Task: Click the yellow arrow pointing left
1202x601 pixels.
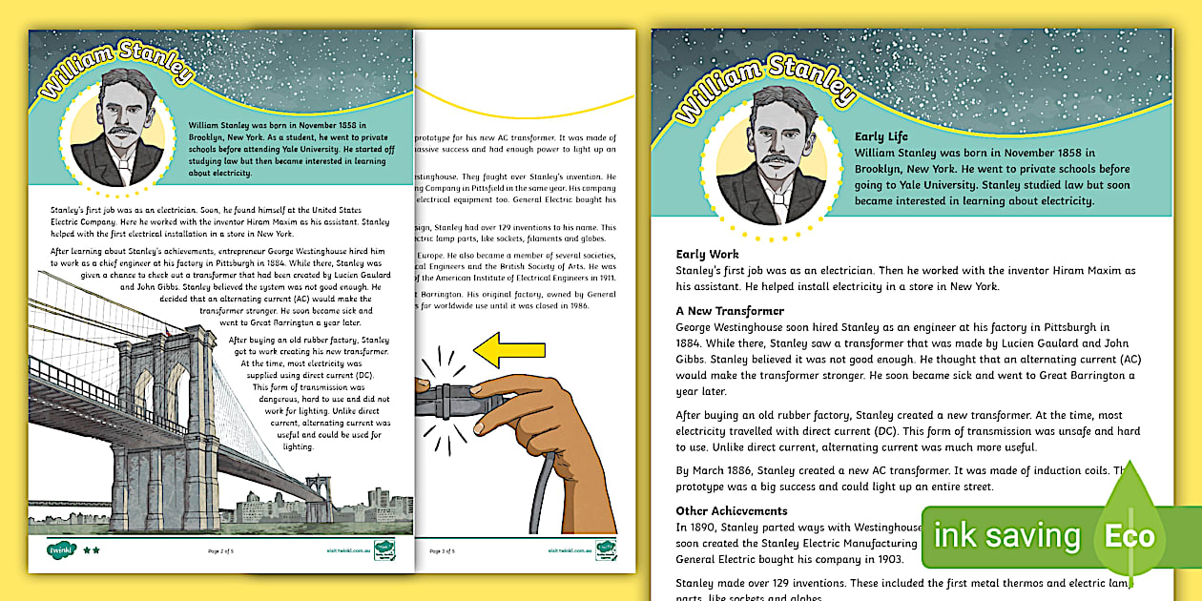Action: click(x=502, y=349)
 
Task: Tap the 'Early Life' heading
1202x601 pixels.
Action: click(x=881, y=136)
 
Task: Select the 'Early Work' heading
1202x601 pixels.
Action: click(x=707, y=255)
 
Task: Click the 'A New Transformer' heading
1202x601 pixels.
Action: click(x=730, y=311)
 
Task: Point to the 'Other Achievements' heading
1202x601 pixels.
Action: click(x=732, y=510)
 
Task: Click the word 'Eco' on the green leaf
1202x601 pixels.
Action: click(x=1129, y=535)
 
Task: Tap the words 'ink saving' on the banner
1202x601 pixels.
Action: click(x=1006, y=536)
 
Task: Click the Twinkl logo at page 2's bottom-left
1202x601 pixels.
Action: click(x=61, y=549)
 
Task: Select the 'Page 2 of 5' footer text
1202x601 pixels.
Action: click(x=221, y=550)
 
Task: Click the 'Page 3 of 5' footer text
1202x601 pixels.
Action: click(x=442, y=550)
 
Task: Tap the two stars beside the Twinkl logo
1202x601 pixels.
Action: click(x=92, y=550)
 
